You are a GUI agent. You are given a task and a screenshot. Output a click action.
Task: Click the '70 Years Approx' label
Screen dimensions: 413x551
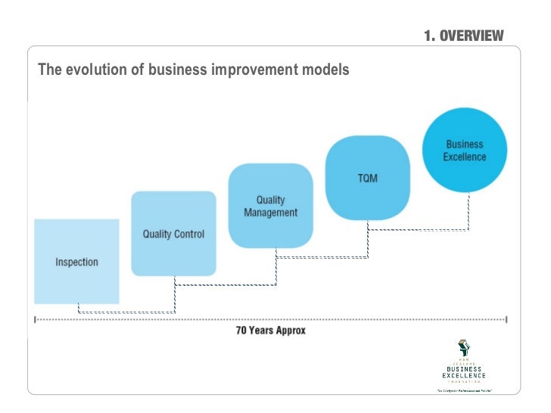[270, 331]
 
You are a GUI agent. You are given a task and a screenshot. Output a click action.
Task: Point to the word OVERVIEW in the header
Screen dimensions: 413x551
[472, 36]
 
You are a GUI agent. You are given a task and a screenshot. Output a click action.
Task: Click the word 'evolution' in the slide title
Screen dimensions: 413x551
[103, 70]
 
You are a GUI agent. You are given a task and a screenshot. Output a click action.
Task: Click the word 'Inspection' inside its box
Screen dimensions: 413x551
[76, 262]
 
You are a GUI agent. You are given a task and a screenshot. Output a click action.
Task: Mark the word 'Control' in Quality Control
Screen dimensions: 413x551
[188, 234]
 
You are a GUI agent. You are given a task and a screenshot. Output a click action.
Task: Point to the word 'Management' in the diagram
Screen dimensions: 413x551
[270, 213]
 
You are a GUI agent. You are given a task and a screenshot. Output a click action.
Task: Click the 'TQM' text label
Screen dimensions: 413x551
[368, 179]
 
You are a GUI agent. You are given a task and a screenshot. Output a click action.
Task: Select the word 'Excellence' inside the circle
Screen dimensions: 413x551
[465, 157]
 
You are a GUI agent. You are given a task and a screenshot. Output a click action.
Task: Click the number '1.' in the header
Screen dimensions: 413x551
[430, 36]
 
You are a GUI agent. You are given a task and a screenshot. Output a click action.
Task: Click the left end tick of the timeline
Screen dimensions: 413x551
[34, 319]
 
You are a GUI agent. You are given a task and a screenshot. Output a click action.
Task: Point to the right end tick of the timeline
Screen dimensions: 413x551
[505, 319]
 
